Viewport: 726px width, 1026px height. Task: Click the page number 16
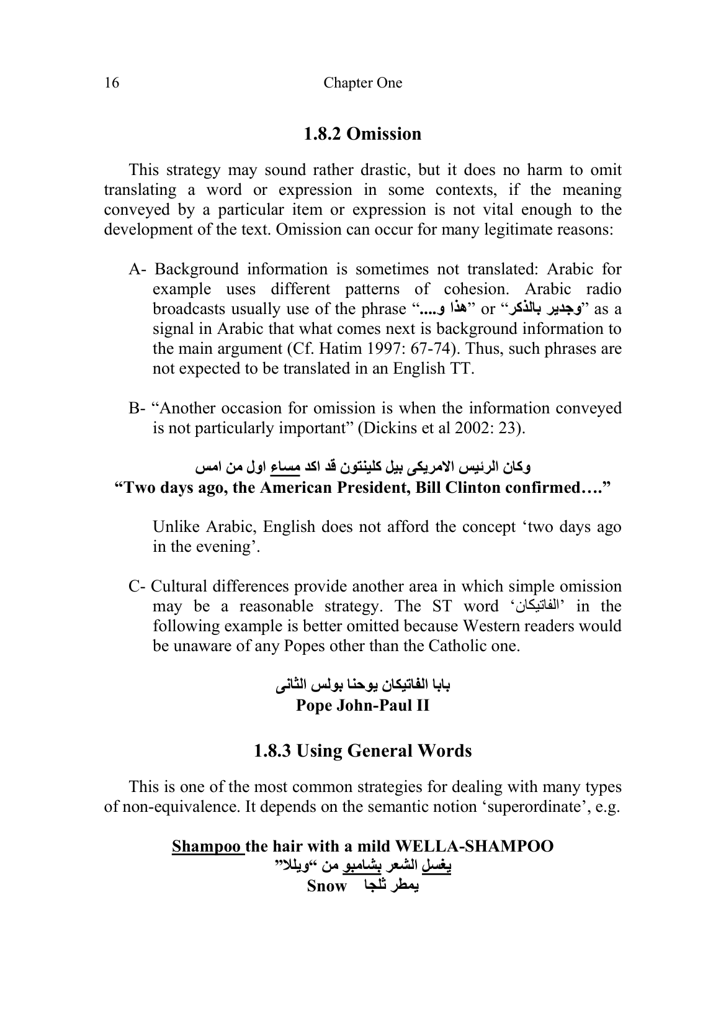pyautogui.click(x=111, y=83)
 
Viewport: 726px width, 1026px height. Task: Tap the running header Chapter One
pyautogui.click(x=362, y=83)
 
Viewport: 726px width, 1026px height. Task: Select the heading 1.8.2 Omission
pyautogui.click(x=362, y=134)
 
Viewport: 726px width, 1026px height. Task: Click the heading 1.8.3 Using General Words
pyautogui.click(x=362, y=751)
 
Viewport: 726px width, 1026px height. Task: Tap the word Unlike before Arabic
pyautogui.click(x=174, y=527)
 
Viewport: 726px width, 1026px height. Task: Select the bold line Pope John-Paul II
pyautogui.click(x=362, y=706)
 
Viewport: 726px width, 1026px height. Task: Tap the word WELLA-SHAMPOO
pyautogui.click(x=474, y=847)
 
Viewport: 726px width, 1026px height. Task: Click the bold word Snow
pyautogui.click(x=326, y=886)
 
